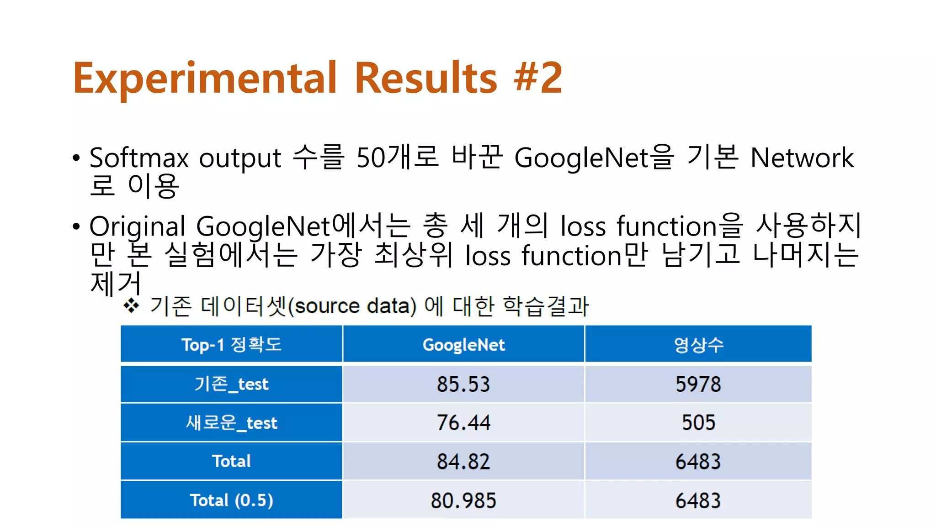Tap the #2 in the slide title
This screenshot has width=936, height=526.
tap(538, 78)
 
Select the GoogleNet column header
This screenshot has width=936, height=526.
tap(463, 345)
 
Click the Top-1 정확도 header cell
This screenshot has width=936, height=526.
tap(231, 345)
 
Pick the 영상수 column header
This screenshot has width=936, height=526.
tap(698, 345)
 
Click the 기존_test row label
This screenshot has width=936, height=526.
tap(231, 384)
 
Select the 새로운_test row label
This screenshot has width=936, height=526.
tap(231, 423)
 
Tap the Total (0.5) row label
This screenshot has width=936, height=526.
tap(231, 500)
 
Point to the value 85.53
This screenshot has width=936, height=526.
tap(463, 384)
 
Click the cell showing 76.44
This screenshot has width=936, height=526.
tap(463, 423)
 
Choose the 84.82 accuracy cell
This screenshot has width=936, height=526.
tap(463, 462)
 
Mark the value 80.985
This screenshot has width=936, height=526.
tap(463, 500)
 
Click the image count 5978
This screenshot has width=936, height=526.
tap(698, 384)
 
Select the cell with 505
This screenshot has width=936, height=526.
tap(698, 423)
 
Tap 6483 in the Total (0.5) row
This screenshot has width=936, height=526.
tap(698, 500)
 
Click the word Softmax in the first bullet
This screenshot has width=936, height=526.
tap(139, 158)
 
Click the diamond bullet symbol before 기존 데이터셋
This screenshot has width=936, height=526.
tap(131, 305)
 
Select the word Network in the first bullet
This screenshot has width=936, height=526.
tap(802, 158)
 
